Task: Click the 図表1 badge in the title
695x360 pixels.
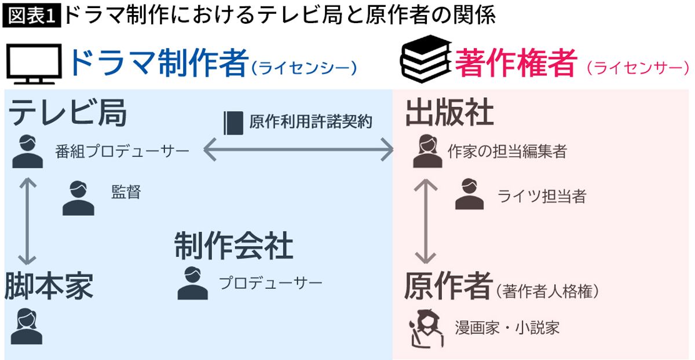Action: coord(32,16)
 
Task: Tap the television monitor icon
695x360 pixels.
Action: coord(34,64)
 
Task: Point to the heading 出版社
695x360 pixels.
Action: coord(449,112)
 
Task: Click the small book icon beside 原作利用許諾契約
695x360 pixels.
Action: coord(233,122)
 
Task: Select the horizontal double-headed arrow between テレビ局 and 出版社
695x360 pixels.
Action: coord(298,152)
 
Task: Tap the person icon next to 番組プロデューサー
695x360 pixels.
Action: coord(27,152)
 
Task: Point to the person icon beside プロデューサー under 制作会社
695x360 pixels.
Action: coord(192,283)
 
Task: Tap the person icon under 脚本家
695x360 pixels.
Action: coord(27,326)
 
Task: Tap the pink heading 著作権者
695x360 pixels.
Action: coord(515,63)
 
